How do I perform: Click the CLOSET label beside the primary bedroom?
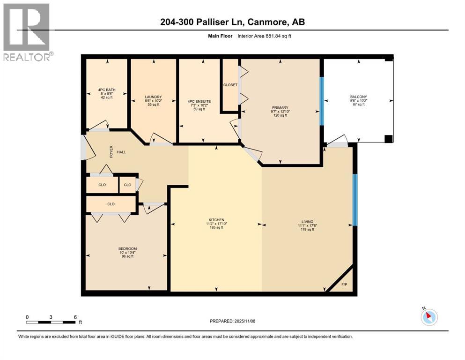(x=230, y=85)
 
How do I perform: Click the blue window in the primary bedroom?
(x=322, y=101)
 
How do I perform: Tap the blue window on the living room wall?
(x=354, y=200)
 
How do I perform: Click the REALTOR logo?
(x=26, y=32)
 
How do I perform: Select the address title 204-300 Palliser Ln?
(x=232, y=22)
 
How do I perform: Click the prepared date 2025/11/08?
(x=232, y=321)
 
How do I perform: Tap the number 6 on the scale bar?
(x=75, y=316)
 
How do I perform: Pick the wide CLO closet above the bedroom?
(x=111, y=204)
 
